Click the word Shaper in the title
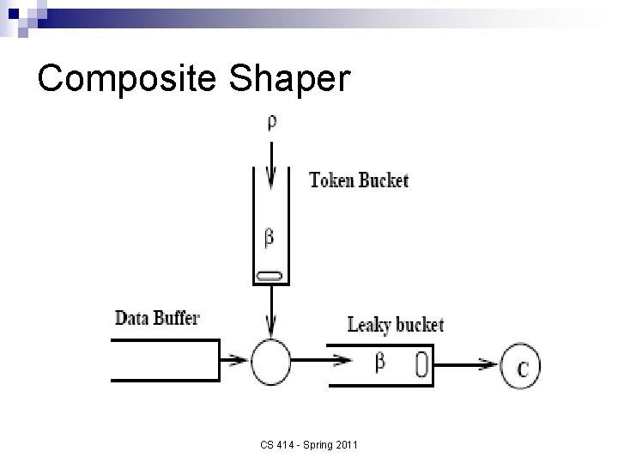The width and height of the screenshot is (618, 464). coord(289,79)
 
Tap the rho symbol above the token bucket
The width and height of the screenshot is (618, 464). coord(271,122)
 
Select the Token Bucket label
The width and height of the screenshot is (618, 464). coord(359,180)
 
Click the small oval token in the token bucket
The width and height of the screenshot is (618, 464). coord(270,275)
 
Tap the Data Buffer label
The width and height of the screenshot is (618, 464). coord(157,318)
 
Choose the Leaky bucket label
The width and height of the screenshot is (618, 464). coord(395,325)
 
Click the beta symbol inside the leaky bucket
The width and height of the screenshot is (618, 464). coord(380,363)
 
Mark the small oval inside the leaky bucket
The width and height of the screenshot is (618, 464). coord(421,364)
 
